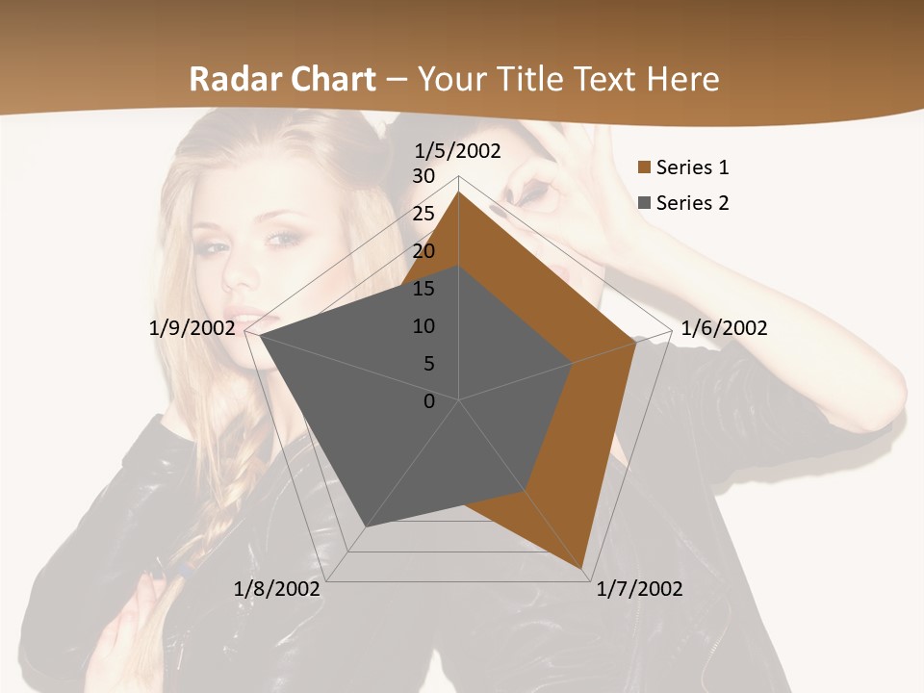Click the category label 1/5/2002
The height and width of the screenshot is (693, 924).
[458, 151]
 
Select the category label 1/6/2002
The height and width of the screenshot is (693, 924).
[724, 328]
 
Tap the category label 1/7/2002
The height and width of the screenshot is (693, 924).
[639, 589]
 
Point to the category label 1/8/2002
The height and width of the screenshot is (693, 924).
[277, 589]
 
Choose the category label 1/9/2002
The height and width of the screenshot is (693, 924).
[192, 328]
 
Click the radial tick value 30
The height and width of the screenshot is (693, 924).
[423, 176]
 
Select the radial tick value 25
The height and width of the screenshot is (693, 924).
[423, 214]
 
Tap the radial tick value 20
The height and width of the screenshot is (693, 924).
[423, 251]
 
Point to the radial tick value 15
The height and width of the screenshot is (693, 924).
[423, 289]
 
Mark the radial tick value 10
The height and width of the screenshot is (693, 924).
[423, 326]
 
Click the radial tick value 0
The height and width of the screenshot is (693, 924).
[429, 401]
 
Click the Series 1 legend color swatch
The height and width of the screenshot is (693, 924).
[644, 168]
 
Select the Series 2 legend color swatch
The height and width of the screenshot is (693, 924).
[644, 203]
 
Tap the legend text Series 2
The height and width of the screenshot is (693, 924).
[692, 203]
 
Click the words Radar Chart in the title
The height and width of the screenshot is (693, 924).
[282, 79]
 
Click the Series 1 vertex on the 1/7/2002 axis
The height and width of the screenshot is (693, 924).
[584, 571]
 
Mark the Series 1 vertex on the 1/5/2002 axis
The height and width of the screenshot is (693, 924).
[459, 192]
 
